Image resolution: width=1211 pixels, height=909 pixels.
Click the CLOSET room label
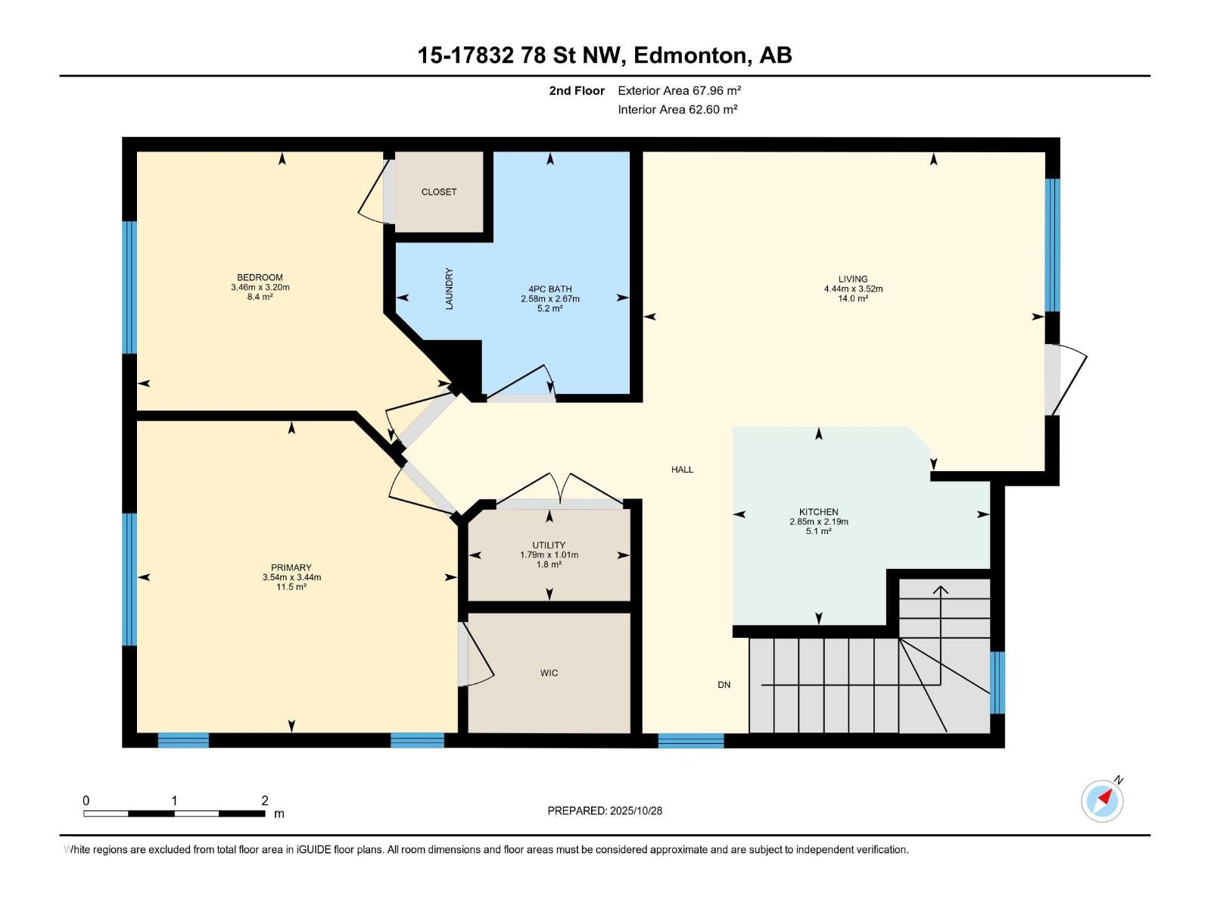(439, 192)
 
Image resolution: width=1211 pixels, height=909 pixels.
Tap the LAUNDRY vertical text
(449, 289)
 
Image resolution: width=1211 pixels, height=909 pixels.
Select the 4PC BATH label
(550, 289)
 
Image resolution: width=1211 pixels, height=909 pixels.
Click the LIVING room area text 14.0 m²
(853, 298)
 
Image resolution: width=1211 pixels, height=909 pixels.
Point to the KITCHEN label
(818, 511)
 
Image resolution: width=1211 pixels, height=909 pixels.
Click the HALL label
(682, 470)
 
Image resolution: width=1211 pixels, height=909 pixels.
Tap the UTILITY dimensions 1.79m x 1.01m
(549, 555)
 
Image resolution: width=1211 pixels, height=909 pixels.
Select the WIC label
(549, 673)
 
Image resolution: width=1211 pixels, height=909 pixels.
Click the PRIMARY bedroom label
(291, 567)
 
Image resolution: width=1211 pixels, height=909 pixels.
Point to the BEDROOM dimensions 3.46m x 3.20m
(260, 287)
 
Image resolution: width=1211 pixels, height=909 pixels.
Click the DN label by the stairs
(724, 685)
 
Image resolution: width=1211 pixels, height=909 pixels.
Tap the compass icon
(1103, 800)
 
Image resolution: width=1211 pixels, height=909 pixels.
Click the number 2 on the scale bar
(265, 801)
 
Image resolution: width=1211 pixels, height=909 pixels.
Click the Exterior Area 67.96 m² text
(679, 90)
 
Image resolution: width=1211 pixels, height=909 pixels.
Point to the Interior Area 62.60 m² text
(677, 109)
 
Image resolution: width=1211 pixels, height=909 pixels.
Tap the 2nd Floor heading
(577, 90)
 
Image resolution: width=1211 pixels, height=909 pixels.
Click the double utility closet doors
(559, 490)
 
